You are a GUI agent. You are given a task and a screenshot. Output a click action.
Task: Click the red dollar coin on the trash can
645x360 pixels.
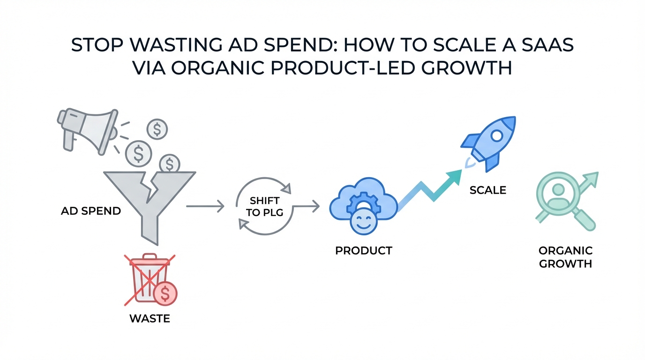(165, 293)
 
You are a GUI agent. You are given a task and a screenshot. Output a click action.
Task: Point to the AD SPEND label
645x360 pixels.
(91, 211)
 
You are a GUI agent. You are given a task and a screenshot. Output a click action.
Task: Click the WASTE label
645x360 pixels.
(150, 319)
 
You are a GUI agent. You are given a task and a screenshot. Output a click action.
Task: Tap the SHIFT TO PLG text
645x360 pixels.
(265, 206)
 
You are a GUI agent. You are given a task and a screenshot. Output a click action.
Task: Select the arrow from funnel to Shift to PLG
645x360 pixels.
(205, 206)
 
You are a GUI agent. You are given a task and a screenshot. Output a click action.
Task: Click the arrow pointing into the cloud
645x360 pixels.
(306, 206)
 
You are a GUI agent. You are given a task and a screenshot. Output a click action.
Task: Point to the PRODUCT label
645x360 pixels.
(364, 251)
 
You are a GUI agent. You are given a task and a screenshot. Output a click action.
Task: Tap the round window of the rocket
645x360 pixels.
(496, 135)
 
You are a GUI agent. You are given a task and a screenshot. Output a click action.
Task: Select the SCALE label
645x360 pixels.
(488, 190)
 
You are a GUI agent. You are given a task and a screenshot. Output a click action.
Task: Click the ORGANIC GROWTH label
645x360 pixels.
(565, 257)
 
